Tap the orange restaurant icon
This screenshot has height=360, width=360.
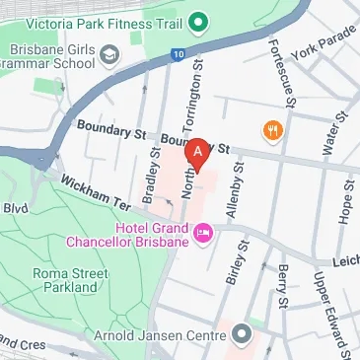tap(270, 129)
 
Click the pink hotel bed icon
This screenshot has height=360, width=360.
tap(204, 234)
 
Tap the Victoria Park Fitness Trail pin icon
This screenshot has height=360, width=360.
tap(198, 19)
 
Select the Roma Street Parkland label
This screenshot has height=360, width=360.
tap(57, 278)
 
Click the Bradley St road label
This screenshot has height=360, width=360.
tap(151, 176)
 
